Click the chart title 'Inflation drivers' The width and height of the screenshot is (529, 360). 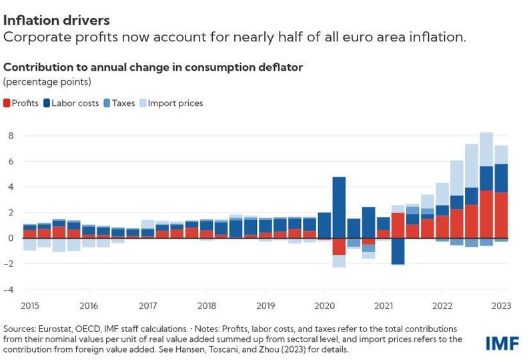click(x=56, y=21)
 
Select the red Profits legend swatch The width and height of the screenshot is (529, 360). click(x=7, y=103)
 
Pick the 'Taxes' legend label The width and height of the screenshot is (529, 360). click(x=123, y=103)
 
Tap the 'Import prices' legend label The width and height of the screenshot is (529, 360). click(x=175, y=103)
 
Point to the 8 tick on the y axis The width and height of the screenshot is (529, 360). click(x=11, y=135)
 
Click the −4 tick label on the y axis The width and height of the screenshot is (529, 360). click(x=9, y=290)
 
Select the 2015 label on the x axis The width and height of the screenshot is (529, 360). click(x=30, y=306)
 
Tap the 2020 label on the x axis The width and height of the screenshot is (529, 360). click(x=324, y=306)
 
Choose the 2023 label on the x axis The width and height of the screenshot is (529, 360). click(x=501, y=306)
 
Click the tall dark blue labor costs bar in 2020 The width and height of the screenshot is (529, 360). click(x=339, y=207)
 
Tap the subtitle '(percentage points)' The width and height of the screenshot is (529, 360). click(x=47, y=82)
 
